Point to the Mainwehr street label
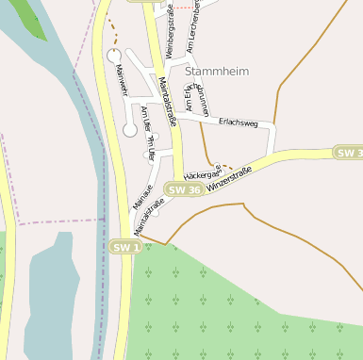[x=122, y=80]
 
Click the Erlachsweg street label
[x=237, y=123]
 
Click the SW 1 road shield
[x=125, y=247]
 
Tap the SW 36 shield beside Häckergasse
[x=183, y=190]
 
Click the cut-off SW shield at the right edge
[x=348, y=153]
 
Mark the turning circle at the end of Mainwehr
[x=113, y=57]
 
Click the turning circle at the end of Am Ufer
[x=130, y=130]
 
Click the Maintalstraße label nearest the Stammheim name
[x=168, y=100]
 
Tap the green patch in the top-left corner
[x=28, y=17]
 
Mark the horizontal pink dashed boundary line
[x=57, y=222]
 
